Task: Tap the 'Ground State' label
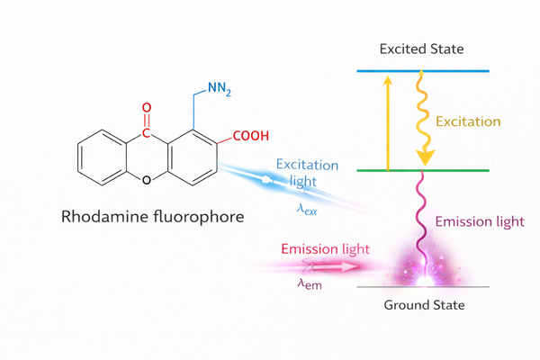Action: pos(424,305)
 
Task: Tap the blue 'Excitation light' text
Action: pos(307,172)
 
